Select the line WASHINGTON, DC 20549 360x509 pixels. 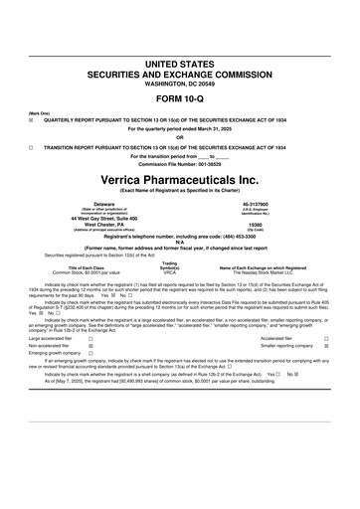coord(179,83)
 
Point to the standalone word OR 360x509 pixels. coord(179,137)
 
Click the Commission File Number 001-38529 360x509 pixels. coord(179,163)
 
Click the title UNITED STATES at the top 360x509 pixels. coord(179,63)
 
